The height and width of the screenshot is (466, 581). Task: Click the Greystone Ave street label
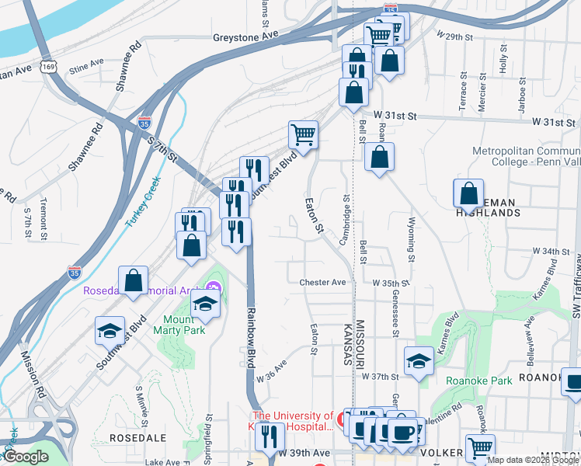[245, 37]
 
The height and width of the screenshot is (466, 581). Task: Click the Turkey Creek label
[142, 203]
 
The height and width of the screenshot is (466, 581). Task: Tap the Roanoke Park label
[479, 381]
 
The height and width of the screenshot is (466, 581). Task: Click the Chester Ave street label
[322, 283]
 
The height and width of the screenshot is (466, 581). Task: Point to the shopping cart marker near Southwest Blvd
[303, 134]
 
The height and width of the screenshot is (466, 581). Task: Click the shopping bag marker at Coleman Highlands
[469, 193]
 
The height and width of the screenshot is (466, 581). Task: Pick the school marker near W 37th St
[419, 360]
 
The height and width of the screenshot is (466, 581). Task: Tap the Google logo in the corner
[25, 457]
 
